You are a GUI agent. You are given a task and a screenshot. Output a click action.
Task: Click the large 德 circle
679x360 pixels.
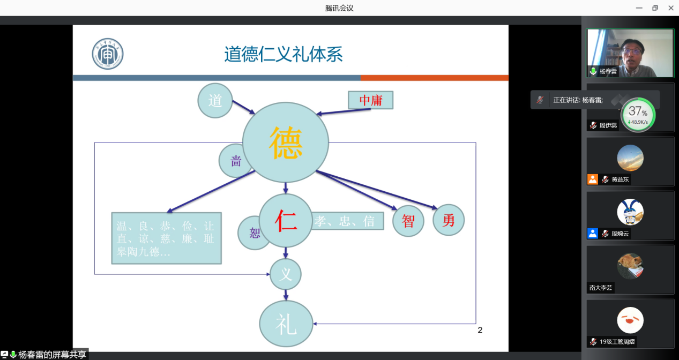point(285,142)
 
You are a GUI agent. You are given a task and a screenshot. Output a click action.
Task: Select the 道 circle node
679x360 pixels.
point(215,100)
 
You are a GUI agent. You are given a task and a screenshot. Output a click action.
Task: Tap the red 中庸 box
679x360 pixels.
point(370,100)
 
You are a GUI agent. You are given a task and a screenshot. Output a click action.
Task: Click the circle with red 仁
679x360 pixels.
point(286,220)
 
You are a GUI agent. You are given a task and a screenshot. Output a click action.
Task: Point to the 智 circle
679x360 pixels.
point(408,221)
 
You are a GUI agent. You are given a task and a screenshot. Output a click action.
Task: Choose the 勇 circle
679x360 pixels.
point(448,220)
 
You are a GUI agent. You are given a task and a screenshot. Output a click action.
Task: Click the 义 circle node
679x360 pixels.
point(286,275)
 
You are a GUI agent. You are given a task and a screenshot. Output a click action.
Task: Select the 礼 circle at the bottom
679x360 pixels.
point(286,325)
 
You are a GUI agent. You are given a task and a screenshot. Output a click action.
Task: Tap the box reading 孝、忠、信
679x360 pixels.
point(347,221)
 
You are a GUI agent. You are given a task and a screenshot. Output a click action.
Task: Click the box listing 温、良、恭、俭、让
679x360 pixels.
point(166,238)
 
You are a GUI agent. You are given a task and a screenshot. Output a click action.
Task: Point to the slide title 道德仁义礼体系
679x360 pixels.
point(283,54)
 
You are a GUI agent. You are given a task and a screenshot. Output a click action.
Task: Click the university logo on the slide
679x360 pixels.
point(107,54)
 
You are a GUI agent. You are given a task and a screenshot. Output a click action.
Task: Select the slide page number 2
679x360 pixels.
point(480,330)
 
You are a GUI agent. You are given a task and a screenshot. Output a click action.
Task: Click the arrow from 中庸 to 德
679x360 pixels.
point(343,111)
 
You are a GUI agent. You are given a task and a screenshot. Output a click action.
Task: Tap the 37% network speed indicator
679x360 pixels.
point(638,115)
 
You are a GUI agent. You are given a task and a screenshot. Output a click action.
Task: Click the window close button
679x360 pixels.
point(670,8)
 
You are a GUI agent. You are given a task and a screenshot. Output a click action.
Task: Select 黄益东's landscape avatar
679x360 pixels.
point(630,158)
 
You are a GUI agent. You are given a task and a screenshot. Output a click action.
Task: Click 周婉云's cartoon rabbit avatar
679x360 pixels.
point(630,212)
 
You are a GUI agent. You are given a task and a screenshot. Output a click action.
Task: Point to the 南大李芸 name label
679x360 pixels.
point(601,288)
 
